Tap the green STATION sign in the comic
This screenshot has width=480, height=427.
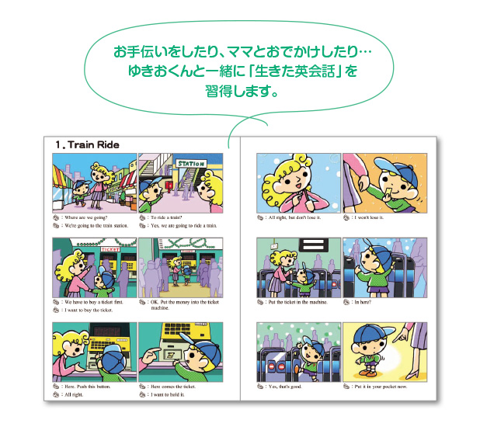tap(190, 165)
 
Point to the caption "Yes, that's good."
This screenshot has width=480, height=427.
tap(294, 386)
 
